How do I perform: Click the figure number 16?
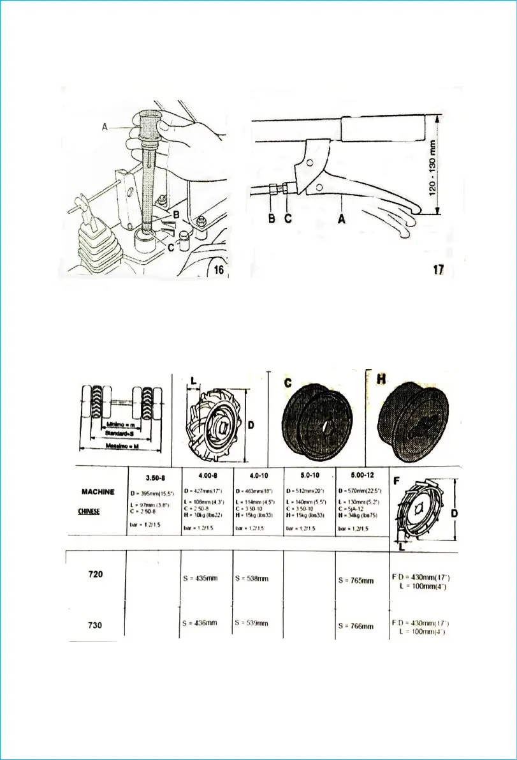218,270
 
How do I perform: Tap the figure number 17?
438,270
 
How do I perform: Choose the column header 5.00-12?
361,475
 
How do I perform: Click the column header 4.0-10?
258,475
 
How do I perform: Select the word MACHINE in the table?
98,491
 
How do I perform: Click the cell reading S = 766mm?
356,627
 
